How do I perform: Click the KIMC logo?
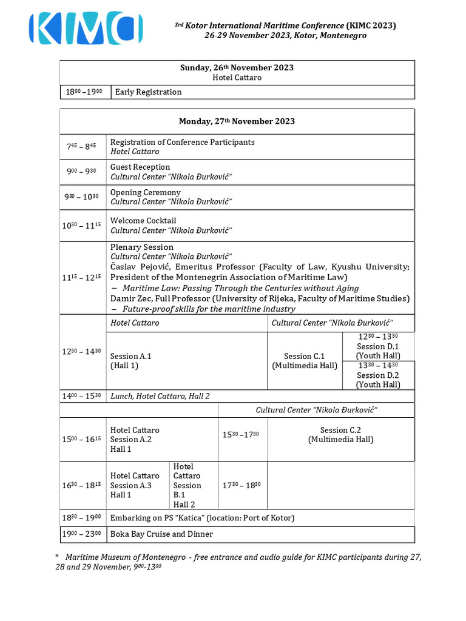point(86,29)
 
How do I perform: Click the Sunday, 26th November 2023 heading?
point(237,67)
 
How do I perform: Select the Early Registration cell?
point(149,92)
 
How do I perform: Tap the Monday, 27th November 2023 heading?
point(237,121)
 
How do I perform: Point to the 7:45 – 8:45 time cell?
point(84,147)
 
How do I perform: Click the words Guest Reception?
point(140,167)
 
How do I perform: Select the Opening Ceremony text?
point(146,192)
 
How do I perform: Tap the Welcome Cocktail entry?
point(143,221)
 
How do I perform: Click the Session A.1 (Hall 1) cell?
point(131,361)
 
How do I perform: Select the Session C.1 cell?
point(305,361)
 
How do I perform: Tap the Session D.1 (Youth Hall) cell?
point(378,347)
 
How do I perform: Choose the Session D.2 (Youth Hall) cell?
point(378,375)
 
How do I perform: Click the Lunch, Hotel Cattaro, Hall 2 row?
point(160,396)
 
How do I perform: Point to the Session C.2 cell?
point(341,435)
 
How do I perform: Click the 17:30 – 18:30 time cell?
point(242,485)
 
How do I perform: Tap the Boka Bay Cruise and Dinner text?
point(162,534)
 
